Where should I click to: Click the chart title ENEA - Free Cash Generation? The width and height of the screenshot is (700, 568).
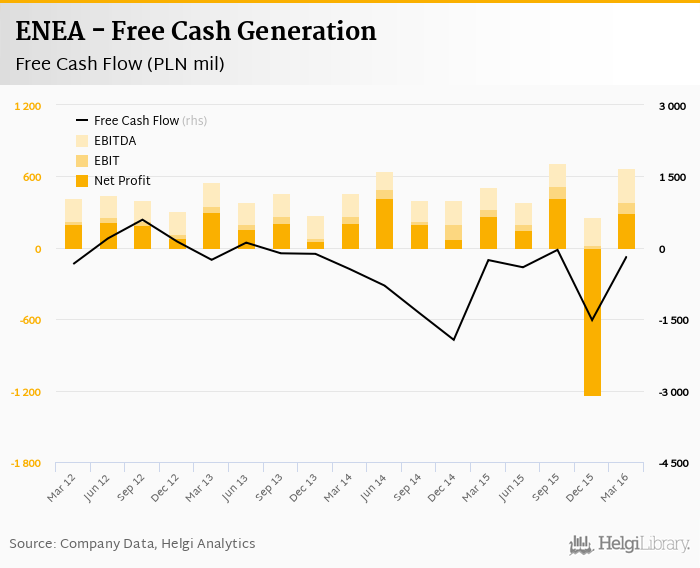[x=196, y=31]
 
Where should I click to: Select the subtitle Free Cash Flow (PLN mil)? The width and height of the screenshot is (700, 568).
[x=120, y=64]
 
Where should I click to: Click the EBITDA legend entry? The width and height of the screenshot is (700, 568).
[x=114, y=141]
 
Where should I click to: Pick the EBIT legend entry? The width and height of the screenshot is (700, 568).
[x=108, y=161]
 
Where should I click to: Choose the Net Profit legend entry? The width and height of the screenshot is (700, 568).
[x=122, y=181]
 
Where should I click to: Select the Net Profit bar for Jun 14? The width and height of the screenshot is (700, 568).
[x=385, y=224]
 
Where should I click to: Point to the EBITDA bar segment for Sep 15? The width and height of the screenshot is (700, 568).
[x=557, y=175]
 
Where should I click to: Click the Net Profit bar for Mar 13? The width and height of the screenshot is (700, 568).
[x=211, y=231]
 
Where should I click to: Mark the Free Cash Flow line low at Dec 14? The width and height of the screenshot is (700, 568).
[x=454, y=340]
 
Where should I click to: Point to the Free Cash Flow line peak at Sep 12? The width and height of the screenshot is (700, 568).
[x=143, y=220]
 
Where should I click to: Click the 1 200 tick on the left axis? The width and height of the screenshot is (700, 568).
[x=28, y=106]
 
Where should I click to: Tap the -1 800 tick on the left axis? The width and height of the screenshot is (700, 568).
[x=26, y=463]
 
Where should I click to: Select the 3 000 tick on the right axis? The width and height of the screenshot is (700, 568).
[x=672, y=106]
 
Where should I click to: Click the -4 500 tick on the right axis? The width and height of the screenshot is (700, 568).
[x=670, y=463]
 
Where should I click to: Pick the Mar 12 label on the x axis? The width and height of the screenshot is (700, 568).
[x=62, y=487]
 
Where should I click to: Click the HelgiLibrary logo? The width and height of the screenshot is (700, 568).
[x=630, y=544]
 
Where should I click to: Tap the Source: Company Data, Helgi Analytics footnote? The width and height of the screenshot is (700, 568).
[x=132, y=544]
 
